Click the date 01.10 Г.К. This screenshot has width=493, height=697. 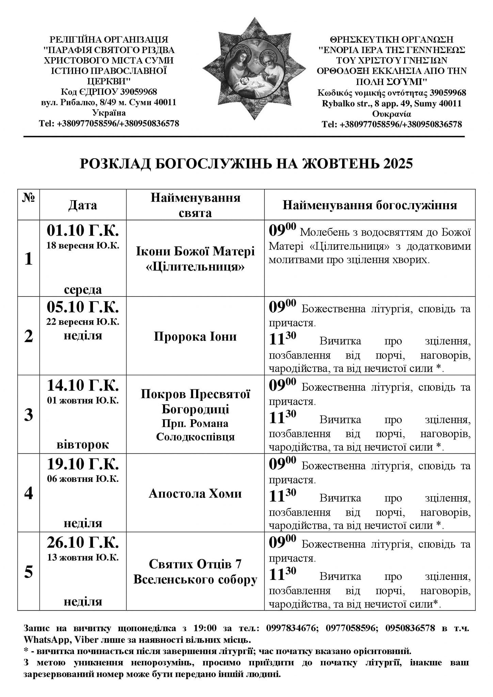coord(83,231)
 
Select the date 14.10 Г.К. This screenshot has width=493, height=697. coord(83,386)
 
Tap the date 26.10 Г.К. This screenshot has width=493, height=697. coord(83,543)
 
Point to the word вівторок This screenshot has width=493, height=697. coord(83,444)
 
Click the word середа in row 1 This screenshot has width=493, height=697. coord(83,290)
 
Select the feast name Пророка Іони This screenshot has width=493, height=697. coord(195,337)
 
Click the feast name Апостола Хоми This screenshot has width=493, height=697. coord(195,493)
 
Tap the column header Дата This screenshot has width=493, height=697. coord(83,205)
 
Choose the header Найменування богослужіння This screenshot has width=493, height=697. coord(370,205)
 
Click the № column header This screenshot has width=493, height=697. coord(29,198)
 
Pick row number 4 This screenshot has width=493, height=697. coord(29,493)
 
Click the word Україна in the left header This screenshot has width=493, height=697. coord(109,113)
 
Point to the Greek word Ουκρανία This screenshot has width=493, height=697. coord(392,114)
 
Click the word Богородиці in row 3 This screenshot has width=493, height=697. coord(195,409)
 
